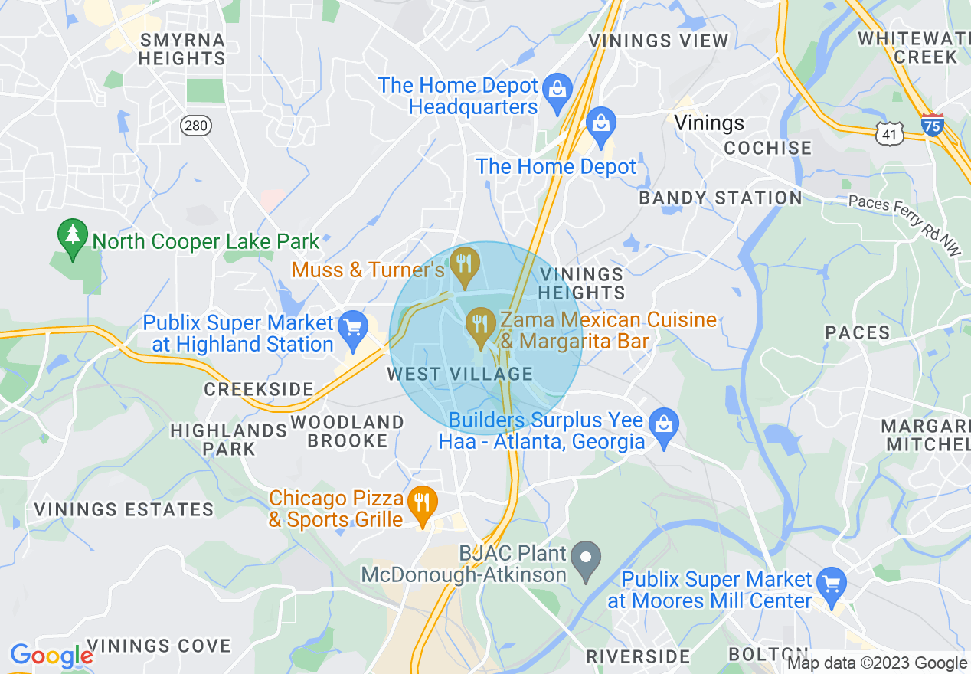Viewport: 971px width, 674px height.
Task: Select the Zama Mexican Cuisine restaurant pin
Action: coord(481,325)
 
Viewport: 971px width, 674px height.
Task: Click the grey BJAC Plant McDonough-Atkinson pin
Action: coord(587,558)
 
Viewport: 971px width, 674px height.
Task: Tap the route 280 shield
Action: coord(196,126)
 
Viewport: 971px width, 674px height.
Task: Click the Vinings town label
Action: coord(709,123)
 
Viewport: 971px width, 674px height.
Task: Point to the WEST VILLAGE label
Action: coord(459,374)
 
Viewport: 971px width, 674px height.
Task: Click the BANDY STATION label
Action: coord(720,198)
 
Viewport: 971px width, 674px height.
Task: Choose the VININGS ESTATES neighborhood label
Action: coord(123,509)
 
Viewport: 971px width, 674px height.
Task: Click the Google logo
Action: coord(51,656)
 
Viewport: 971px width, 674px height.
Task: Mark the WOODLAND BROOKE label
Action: coord(348,431)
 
